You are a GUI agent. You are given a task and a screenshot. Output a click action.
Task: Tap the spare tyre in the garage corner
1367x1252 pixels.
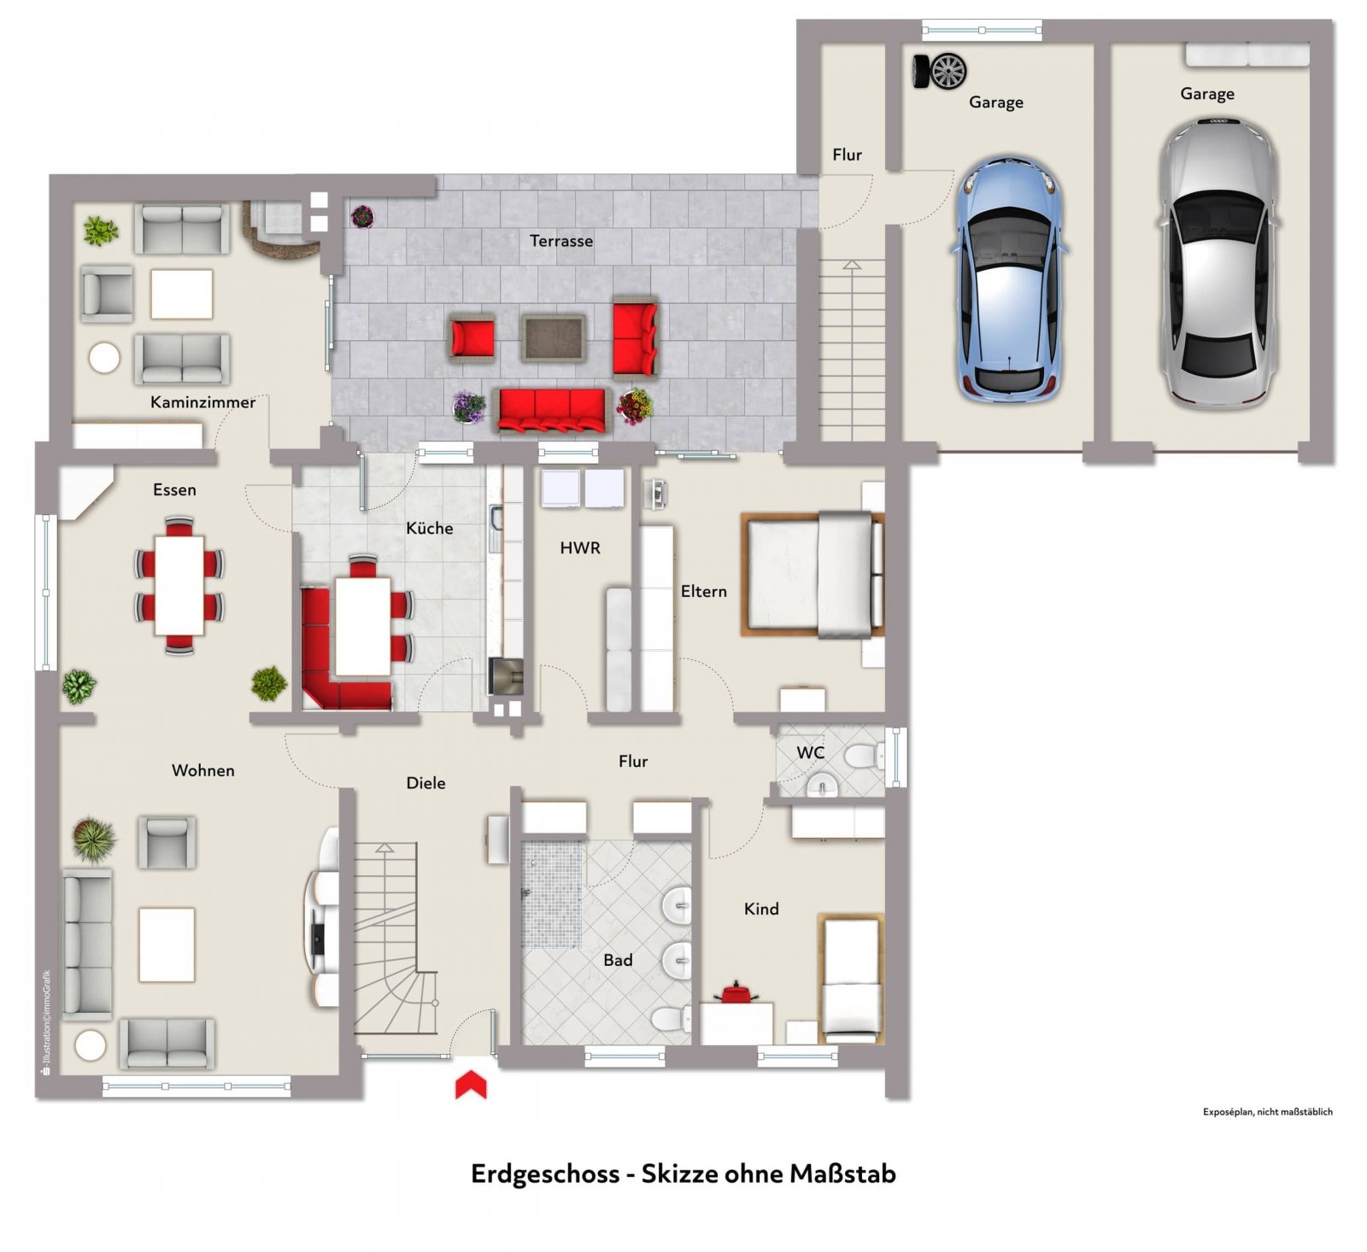coord(940,71)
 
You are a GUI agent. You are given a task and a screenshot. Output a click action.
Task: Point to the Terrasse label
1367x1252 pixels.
coord(561,241)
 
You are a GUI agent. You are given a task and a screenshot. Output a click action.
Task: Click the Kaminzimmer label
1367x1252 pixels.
coord(202,402)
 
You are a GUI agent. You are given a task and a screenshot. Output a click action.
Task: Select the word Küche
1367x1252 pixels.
coord(429,528)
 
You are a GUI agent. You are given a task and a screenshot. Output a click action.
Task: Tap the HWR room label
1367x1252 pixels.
coord(580,547)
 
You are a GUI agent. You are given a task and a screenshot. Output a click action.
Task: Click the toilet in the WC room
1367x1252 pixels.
coord(864,755)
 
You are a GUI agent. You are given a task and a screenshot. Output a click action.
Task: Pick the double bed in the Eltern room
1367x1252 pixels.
coord(812,574)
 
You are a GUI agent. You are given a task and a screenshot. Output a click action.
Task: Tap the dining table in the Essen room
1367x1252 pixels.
coord(179,585)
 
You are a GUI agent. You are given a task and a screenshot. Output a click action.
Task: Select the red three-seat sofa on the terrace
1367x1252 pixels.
coord(552,410)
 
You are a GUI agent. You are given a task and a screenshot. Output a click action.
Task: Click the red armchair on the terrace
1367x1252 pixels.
coord(472,336)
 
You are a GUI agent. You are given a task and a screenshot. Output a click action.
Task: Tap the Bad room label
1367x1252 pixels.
coord(618,960)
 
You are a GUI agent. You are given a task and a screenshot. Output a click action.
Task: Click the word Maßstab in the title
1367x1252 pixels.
coord(842,1173)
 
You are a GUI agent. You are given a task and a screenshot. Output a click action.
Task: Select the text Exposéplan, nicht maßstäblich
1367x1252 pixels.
coord(1267,1112)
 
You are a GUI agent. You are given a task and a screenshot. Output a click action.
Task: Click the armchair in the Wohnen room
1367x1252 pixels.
coord(167,842)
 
